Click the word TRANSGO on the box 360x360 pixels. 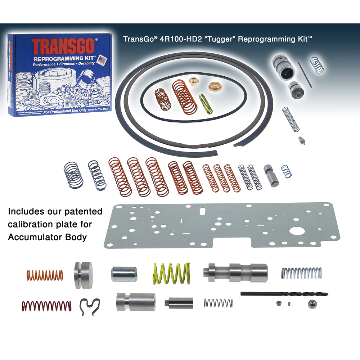point(63,46)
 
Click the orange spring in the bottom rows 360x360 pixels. point(45,275)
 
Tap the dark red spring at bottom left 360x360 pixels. point(46,306)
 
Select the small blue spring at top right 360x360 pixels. point(317,64)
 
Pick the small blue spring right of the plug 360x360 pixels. point(287,171)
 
